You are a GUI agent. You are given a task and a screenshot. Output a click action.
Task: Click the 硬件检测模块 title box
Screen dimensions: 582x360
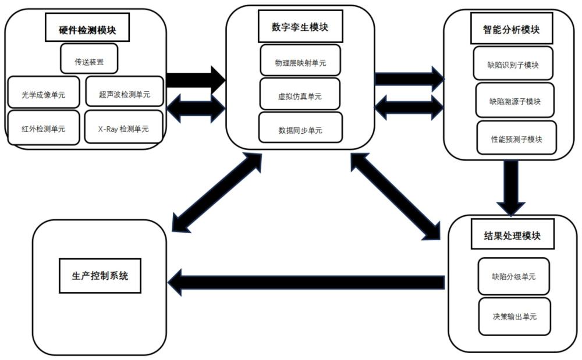pos(87,27)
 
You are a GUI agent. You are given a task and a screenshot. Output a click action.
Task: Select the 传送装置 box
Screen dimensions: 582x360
pos(89,59)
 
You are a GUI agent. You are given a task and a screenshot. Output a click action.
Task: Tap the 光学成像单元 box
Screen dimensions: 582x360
pos(44,92)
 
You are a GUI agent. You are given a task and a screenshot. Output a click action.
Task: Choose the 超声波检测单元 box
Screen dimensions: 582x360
pos(125,91)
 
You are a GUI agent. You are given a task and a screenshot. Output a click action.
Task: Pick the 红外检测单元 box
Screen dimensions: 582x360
pos(44,127)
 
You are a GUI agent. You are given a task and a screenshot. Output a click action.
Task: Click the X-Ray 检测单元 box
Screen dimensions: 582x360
pos(123,127)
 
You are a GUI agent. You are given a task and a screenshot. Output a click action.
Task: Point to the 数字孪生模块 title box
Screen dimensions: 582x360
pos(300,26)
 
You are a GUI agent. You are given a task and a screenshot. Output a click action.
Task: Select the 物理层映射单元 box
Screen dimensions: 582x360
pos(300,60)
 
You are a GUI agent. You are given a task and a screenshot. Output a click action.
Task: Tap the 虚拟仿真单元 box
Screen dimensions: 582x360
pos(300,94)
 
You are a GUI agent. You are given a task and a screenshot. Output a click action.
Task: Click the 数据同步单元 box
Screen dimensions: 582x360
pos(300,127)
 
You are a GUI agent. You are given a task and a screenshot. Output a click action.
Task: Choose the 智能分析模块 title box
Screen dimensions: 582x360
pos(512,28)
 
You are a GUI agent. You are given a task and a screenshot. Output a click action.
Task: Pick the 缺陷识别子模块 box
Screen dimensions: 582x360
pos(513,63)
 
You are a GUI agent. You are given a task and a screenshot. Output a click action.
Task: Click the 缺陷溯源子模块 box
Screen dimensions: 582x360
pos(515,100)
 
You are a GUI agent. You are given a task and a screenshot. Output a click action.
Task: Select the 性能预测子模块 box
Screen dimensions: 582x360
pos(517,138)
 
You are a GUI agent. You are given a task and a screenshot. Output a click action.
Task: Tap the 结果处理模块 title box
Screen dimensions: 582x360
pos(513,234)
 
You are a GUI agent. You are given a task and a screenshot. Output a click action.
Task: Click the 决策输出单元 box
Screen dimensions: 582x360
pos(514,316)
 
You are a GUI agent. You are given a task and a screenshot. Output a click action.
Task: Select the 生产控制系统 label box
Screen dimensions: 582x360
pos(100,276)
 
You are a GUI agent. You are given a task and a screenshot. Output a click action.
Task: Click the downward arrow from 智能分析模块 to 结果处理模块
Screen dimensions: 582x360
pos(511,188)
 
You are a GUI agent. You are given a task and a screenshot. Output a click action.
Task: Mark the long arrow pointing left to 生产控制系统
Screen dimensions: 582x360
pos(306,283)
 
